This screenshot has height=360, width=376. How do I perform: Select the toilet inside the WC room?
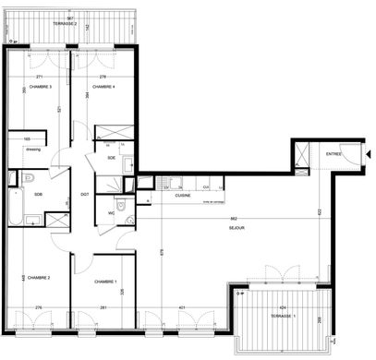point(130,219)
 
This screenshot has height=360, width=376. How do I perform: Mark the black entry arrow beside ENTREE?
point(368,154)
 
